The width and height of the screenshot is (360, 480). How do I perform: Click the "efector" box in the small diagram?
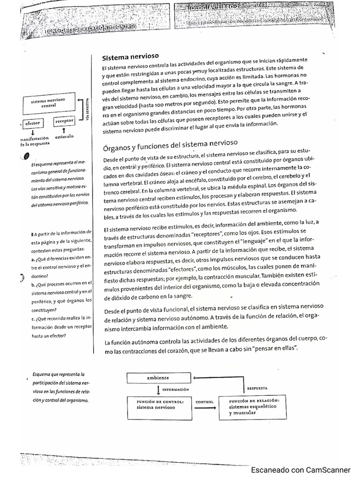(32, 123)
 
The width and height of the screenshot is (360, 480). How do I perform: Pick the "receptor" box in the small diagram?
(64, 121)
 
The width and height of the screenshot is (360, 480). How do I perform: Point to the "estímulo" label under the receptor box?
(64, 137)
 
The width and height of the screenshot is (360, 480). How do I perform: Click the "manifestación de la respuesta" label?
(34, 141)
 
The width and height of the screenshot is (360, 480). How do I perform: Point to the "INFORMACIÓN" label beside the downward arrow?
(175, 389)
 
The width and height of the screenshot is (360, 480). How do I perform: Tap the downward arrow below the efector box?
(32, 132)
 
